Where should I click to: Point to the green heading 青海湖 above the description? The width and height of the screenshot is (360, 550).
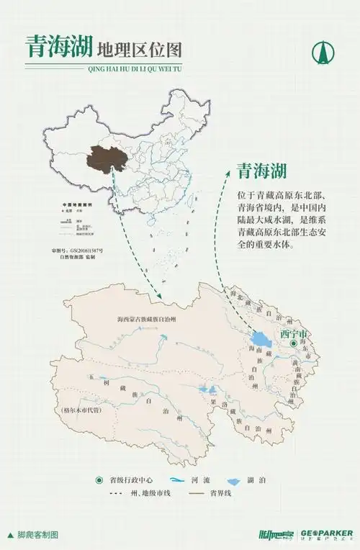click(262, 171)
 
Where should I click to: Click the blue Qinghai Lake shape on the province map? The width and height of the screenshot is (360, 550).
click(260, 338)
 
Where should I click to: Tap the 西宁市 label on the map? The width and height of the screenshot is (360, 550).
click(294, 335)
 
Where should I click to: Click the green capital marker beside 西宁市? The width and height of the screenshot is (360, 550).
click(294, 345)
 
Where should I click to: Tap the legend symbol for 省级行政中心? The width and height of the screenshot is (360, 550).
click(99, 480)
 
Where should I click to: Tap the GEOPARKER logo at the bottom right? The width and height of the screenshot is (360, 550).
click(327, 534)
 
